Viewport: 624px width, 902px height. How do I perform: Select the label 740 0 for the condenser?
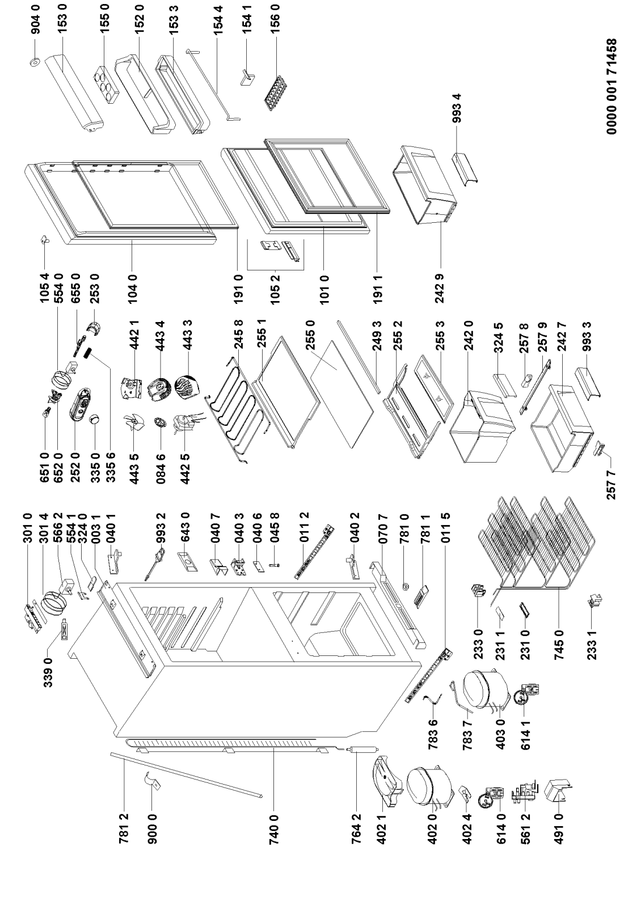[275, 823]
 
